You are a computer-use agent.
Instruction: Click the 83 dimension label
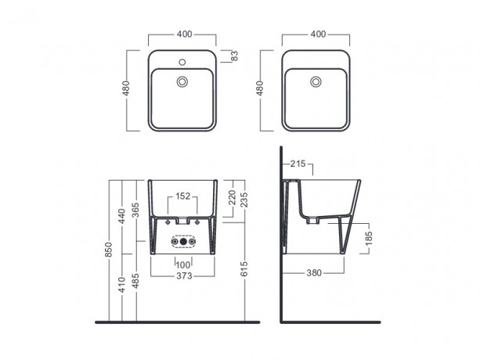pyautogui.click(x=235, y=56)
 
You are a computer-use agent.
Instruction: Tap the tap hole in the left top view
pyautogui.click(x=182, y=63)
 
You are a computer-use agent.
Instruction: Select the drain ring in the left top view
pyautogui.click(x=182, y=81)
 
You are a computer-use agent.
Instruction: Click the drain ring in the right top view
pyautogui.click(x=316, y=81)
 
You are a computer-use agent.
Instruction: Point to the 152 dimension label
pyautogui.click(x=182, y=196)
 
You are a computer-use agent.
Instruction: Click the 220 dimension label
pyautogui.click(x=232, y=197)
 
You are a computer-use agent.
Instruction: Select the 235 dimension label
pyautogui.click(x=244, y=200)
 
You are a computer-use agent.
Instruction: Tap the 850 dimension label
pyautogui.click(x=109, y=250)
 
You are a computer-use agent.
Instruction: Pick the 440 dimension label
pyautogui.click(x=122, y=216)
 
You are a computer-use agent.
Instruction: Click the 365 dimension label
pyautogui.click(x=135, y=210)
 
